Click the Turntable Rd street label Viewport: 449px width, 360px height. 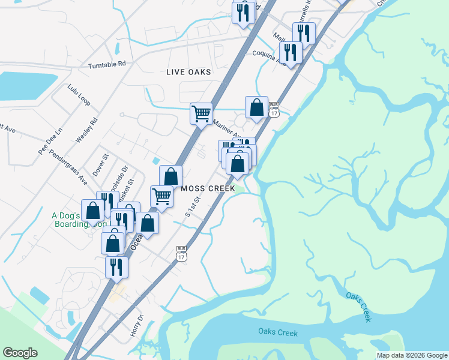coord(107,64)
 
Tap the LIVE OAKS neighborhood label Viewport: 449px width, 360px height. coord(189,72)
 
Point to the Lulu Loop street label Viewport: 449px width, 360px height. coord(79,95)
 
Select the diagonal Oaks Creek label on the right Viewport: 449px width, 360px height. coord(360,305)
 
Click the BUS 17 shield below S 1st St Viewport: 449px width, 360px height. coord(182,253)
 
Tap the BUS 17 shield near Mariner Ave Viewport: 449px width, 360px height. coord(274,109)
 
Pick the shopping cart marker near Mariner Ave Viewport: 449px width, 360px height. coord(201,112)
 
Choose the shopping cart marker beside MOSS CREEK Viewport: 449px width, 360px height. coord(161,196)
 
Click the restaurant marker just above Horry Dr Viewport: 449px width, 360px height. coord(116,266)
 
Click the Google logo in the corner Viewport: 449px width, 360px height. coord(20,353)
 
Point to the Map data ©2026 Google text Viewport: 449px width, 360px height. coord(411,355)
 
